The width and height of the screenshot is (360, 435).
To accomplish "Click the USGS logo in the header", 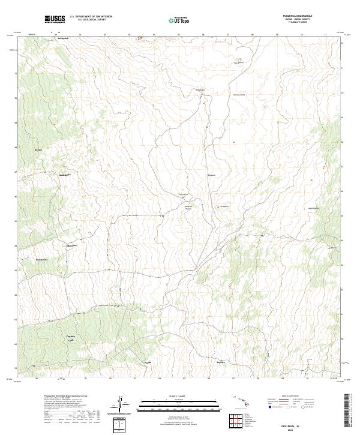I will (x=55, y=19).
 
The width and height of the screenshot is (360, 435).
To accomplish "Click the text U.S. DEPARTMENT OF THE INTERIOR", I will (x=91, y=17).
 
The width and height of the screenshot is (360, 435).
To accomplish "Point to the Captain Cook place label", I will (x=70, y=337).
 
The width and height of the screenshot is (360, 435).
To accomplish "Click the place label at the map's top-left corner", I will (x=63, y=38).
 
